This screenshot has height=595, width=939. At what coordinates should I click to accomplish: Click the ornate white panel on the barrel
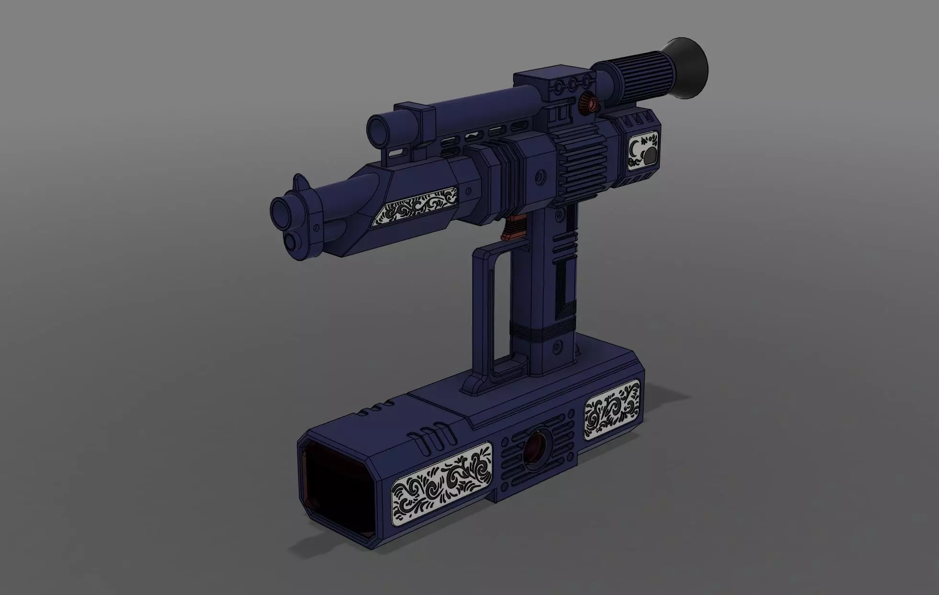(415, 207)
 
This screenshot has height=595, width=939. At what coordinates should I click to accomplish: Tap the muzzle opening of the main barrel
(282, 211)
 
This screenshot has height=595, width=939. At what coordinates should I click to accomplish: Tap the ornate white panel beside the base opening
(441, 486)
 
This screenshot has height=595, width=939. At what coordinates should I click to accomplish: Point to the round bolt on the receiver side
(541, 178)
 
